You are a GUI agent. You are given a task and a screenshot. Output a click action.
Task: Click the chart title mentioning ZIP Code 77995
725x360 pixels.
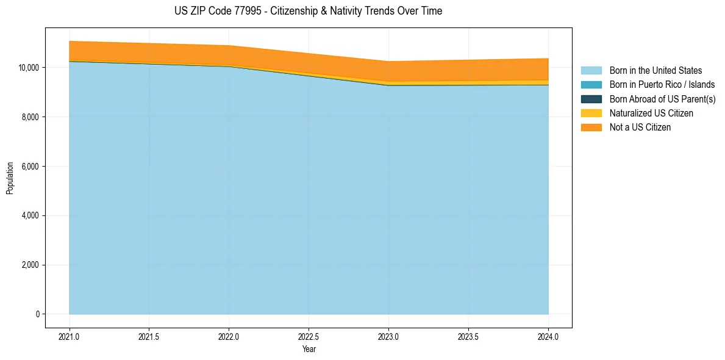(x=308, y=11)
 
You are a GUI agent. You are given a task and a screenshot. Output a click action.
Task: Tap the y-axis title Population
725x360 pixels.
(x=10, y=178)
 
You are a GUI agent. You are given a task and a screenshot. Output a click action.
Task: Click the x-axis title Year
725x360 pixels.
(x=309, y=349)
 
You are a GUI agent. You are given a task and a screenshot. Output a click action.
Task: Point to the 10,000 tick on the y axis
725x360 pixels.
(x=28, y=67)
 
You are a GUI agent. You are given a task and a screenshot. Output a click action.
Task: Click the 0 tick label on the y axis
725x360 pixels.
(x=37, y=314)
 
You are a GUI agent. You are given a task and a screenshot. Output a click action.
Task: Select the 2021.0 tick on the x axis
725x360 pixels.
(x=70, y=336)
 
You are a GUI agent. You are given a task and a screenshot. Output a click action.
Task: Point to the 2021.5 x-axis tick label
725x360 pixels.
(x=149, y=336)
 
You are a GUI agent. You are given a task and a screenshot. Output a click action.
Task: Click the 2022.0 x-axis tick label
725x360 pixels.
(x=229, y=336)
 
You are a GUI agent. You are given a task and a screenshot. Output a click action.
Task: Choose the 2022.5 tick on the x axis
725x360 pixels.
(x=309, y=336)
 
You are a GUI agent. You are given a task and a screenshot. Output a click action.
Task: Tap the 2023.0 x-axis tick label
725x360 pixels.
(x=388, y=336)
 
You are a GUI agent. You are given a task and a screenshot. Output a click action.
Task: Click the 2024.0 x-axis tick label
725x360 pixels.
(x=548, y=336)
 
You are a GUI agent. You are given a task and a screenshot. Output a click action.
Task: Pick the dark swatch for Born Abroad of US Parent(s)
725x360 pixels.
(x=591, y=99)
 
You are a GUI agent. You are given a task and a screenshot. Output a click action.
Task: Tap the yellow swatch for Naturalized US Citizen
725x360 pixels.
(x=591, y=113)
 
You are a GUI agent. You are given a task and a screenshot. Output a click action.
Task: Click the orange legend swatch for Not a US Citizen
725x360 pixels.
(x=591, y=128)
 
